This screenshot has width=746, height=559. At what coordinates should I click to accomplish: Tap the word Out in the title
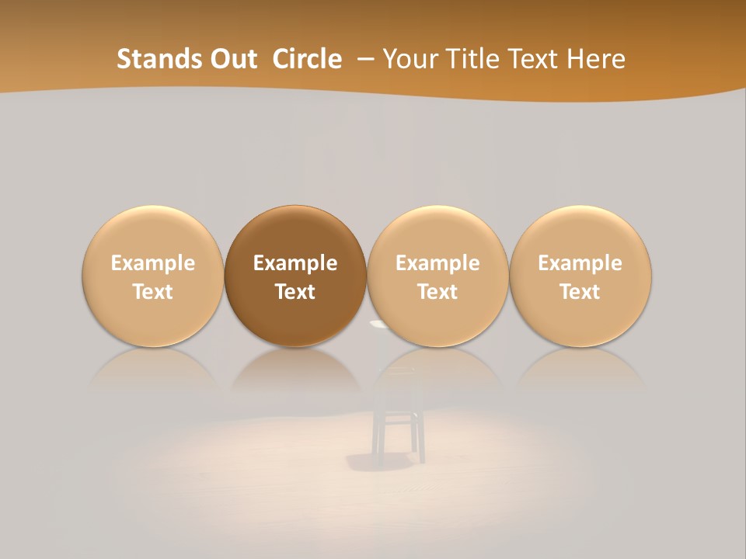point(232,59)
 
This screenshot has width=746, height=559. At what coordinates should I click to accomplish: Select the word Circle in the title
point(307,59)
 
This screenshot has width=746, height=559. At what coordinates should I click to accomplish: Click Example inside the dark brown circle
point(295,263)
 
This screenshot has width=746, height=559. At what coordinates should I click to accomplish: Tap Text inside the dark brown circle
point(295,292)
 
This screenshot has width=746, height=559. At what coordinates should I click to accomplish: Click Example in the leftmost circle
point(153,263)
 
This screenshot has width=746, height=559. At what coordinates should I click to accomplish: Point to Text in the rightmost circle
point(580,292)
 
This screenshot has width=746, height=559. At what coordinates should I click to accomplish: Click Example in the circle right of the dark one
point(437,263)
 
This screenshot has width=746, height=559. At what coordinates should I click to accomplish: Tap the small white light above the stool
point(378,324)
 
